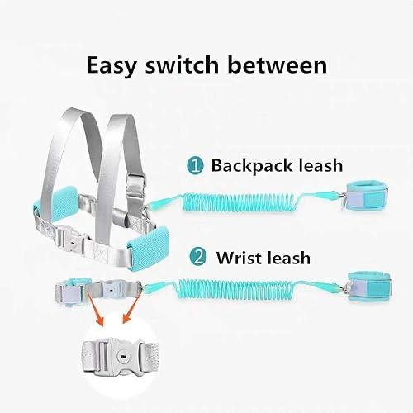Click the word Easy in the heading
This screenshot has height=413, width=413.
click(112, 65)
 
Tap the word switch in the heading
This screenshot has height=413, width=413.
click(182, 64)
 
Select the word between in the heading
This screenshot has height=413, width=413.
click(278, 64)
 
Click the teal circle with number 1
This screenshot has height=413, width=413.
click(195, 166)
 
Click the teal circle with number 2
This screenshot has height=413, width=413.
click(198, 257)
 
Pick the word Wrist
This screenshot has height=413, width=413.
click(236, 258)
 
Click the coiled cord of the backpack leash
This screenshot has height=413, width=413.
click(239, 202)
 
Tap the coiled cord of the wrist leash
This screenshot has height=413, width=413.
click(236, 290)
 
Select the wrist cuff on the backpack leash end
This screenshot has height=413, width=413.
click(366, 197)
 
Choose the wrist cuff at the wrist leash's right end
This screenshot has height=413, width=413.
click(369, 287)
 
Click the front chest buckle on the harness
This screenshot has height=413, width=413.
click(71, 237)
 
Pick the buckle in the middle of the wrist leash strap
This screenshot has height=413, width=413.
click(111, 288)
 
